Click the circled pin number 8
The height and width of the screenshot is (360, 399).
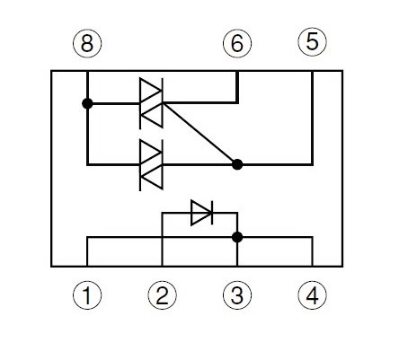click(87, 44)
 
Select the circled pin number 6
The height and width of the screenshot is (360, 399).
click(237, 44)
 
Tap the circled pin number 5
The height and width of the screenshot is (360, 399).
click(313, 42)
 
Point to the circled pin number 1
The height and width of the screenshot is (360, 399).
click(87, 295)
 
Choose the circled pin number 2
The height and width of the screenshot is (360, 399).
click(162, 295)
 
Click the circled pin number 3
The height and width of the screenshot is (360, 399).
click(237, 295)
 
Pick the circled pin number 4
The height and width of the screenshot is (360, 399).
click(313, 295)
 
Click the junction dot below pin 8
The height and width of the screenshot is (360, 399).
click(87, 103)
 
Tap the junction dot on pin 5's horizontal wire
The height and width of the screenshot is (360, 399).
click(237, 164)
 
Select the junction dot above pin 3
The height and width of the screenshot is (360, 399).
click(237, 237)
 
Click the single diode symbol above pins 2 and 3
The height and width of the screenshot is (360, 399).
click(202, 213)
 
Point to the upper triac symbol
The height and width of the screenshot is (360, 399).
click(151, 103)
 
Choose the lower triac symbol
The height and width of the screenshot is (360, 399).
click(151, 165)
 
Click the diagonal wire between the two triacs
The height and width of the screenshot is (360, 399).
click(199, 134)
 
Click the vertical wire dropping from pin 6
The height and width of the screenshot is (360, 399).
click(237, 87)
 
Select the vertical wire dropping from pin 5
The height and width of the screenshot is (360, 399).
click(313, 118)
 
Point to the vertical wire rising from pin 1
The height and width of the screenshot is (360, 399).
click(87, 251)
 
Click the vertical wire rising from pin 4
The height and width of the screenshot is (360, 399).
click(313, 251)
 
